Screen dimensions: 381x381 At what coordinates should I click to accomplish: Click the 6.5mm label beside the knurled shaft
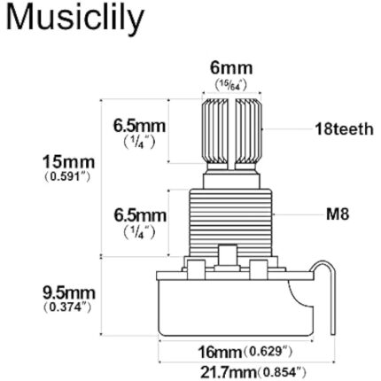140,127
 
